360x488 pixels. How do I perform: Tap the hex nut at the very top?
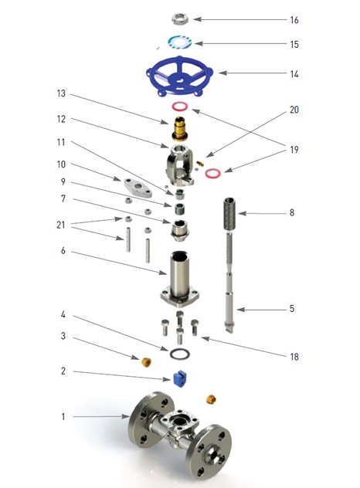(x=180, y=19)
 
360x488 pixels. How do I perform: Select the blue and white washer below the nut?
(x=180, y=42)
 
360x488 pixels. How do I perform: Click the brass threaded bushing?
(x=180, y=128)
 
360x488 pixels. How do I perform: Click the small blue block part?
(x=180, y=378)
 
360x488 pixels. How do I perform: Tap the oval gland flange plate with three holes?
(x=138, y=187)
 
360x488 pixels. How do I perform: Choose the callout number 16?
(x=294, y=20)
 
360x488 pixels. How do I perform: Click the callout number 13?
(x=61, y=93)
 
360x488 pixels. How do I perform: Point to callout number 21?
(x=61, y=225)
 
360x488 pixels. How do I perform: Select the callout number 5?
(x=292, y=308)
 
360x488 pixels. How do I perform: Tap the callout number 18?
(x=294, y=357)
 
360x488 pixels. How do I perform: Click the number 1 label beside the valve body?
(x=63, y=416)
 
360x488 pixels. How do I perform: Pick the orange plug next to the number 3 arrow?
(x=146, y=362)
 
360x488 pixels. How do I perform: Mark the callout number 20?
(x=294, y=110)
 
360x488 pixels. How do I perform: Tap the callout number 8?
(x=292, y=212)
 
